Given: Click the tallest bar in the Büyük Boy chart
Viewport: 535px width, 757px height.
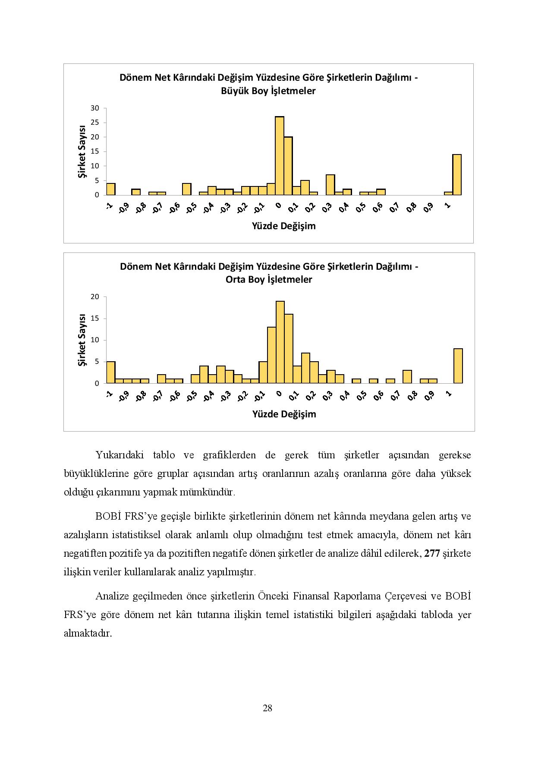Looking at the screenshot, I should click(x=280, y=156).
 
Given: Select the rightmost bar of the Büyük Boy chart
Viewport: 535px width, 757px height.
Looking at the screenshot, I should click(x=457, y=175).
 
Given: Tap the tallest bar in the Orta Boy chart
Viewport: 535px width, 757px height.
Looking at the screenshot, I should click(x=280, y=342).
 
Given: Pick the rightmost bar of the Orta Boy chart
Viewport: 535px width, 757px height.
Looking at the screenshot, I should click(x=458, y=366).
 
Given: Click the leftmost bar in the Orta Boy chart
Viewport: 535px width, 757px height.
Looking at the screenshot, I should click(x=111, y=372).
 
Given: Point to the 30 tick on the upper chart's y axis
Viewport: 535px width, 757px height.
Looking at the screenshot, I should click(x=95, y=108).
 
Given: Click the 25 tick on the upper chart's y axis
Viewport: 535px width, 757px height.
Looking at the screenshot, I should click(x=95, y=123).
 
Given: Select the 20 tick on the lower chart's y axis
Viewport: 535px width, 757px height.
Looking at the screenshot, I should click(x=95, y=297).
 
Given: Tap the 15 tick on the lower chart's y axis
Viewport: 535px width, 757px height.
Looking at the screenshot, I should click(x=95, y=319).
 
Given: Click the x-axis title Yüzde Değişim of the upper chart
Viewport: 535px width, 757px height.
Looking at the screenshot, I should click(x=284, y=226).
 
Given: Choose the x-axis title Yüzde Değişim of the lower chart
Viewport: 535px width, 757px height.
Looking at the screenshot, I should click(x=284, y=414).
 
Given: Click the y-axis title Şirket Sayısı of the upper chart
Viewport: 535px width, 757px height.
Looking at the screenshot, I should click(x=82, y=151).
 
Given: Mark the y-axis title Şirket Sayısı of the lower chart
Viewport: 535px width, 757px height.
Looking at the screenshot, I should click(x=82, y=340).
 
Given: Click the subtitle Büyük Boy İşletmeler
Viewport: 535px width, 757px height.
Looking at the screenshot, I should click(x=268, y=91).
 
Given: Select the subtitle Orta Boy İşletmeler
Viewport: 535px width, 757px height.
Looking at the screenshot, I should click(x=269, y=280).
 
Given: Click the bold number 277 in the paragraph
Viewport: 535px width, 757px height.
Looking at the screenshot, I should click(x=432, y=554).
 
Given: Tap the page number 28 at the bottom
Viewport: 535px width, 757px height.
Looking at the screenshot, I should click(x=267, y=708).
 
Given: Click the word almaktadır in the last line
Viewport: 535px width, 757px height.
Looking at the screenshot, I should click(x=88, y=634).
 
